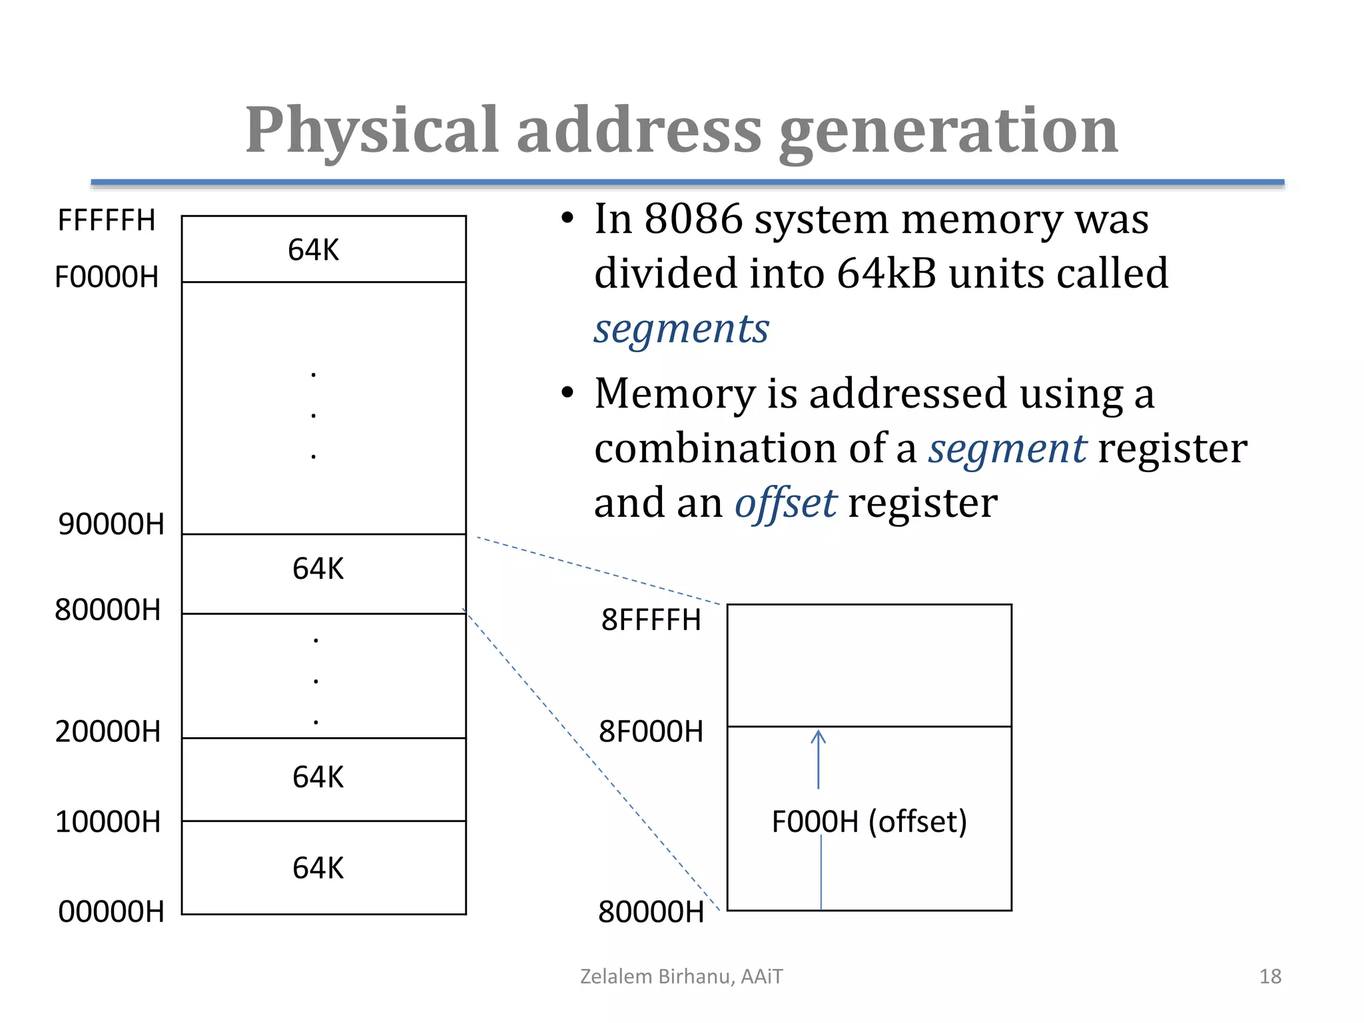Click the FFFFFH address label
[x=107, y=220]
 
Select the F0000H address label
[x=107, y=277]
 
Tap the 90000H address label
[x=111, y=524]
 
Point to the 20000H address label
[x=108, y=732]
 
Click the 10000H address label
[x=108, y=822]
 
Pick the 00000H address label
[x=111, y=912]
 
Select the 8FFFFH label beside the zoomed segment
[x=651, y=620]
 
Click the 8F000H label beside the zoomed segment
[x=651, y=732]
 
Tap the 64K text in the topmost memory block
[x=313, y=250]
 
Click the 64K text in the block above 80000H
[x=318, y=569]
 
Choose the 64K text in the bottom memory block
[x=318, y=868]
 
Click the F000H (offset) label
[x=869, y=822]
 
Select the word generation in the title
[x=948, y=131]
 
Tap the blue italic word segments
[x=681, y=329]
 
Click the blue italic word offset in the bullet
[x=785, y=504]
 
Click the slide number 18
[x=1270, y=976]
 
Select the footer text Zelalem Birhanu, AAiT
[x=681, y=976]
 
